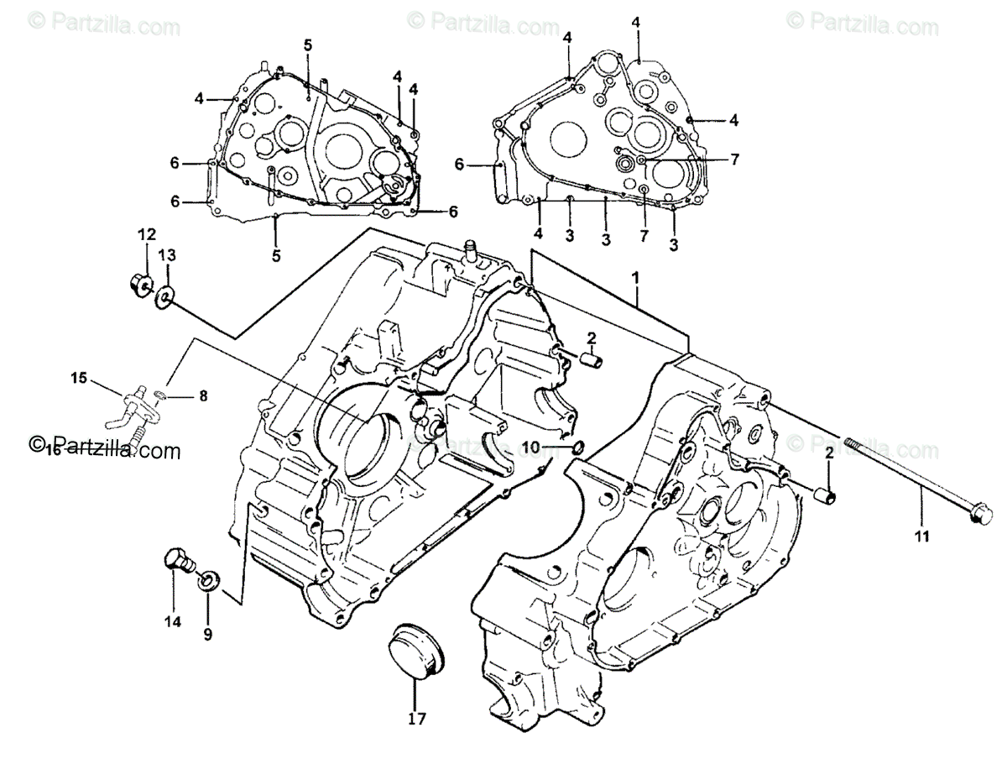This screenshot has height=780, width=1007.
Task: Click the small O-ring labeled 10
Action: (x=577, y=446)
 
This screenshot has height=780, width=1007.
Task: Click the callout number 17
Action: (x=417, y=719)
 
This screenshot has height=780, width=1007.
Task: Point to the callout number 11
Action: (x=922, y=537)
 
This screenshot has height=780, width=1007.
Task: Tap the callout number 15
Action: (x=78, y=379)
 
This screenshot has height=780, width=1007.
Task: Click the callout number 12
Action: (x=147, y=233)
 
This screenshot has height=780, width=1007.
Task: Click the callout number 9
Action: (x=208, y=635)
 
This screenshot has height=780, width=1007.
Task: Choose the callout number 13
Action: (x=167, y=254)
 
